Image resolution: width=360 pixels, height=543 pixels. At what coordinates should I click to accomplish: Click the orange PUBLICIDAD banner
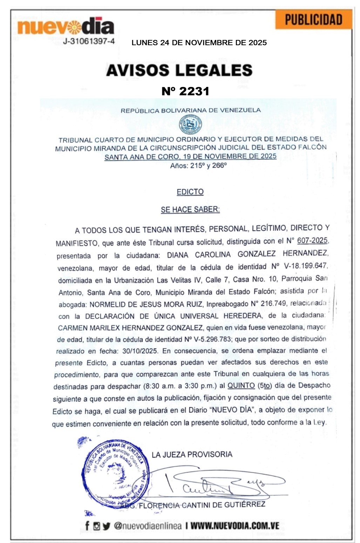coord(313,20)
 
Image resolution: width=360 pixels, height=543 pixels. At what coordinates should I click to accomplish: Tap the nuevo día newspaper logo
coord(66,26)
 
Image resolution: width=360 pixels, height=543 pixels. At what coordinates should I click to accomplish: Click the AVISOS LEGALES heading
coord(179,70)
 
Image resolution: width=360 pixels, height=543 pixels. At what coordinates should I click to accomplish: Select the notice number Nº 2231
coord(185,91)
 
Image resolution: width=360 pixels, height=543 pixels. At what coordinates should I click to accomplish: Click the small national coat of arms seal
coord(190,124)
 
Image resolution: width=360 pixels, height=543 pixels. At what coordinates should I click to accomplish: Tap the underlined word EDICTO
coord(190,192)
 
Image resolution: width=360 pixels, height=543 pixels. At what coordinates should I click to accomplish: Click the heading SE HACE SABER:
coord(190,209)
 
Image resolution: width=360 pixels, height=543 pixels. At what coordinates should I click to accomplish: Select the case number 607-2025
coord(312,240)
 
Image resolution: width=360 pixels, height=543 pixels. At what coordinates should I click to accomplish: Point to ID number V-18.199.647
coord(305,266)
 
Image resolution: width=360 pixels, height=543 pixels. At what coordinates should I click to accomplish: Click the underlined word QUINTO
coord(241,385)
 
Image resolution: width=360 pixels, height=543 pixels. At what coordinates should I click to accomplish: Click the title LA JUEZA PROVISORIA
coord(192,454)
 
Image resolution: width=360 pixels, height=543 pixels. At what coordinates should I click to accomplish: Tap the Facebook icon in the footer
coord(87,525)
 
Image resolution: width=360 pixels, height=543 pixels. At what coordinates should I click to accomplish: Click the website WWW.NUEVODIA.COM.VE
coord(235,526)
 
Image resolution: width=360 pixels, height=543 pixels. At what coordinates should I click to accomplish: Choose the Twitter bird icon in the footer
coord(107,526)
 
